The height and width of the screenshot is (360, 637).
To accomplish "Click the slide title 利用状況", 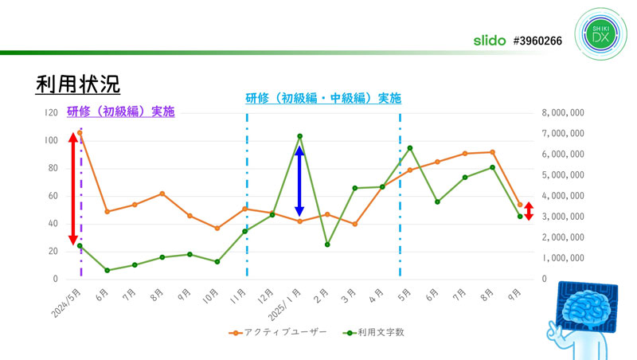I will [77, 84].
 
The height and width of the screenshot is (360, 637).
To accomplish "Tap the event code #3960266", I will [537, 39].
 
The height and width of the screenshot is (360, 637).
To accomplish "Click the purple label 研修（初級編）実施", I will [120, 112].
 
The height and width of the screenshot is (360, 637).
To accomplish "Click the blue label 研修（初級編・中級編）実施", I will [322, 99].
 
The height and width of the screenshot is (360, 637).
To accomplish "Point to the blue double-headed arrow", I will [299, 181].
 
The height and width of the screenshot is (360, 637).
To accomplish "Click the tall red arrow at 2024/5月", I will [72, 189].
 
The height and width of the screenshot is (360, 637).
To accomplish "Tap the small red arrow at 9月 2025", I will [529, 211].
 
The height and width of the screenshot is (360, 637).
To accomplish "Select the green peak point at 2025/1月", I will [299, 136].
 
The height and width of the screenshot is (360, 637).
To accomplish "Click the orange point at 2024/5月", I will [80, 133].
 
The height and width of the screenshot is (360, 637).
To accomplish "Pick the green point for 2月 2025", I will [327, 245].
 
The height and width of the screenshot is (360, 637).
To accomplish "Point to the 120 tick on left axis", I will [49, 113].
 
